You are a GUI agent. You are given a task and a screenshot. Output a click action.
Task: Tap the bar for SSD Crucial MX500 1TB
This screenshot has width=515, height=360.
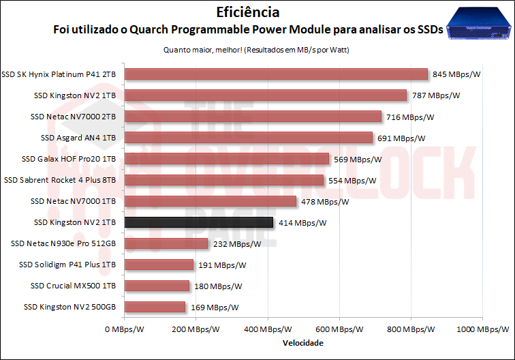point(157,286)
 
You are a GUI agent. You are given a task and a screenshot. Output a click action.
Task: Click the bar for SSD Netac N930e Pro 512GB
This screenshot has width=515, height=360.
point(167,243)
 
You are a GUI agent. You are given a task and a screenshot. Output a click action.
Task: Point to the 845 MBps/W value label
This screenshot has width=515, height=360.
point(461,74)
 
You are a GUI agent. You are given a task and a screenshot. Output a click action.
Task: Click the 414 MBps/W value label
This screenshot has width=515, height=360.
point(302,223)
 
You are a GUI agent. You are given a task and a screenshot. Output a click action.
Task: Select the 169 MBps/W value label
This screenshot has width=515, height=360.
point(215,307)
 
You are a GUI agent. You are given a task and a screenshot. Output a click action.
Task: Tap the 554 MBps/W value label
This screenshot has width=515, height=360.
point(352,181)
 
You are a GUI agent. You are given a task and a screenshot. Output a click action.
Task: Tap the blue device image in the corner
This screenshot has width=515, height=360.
point(479,25)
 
